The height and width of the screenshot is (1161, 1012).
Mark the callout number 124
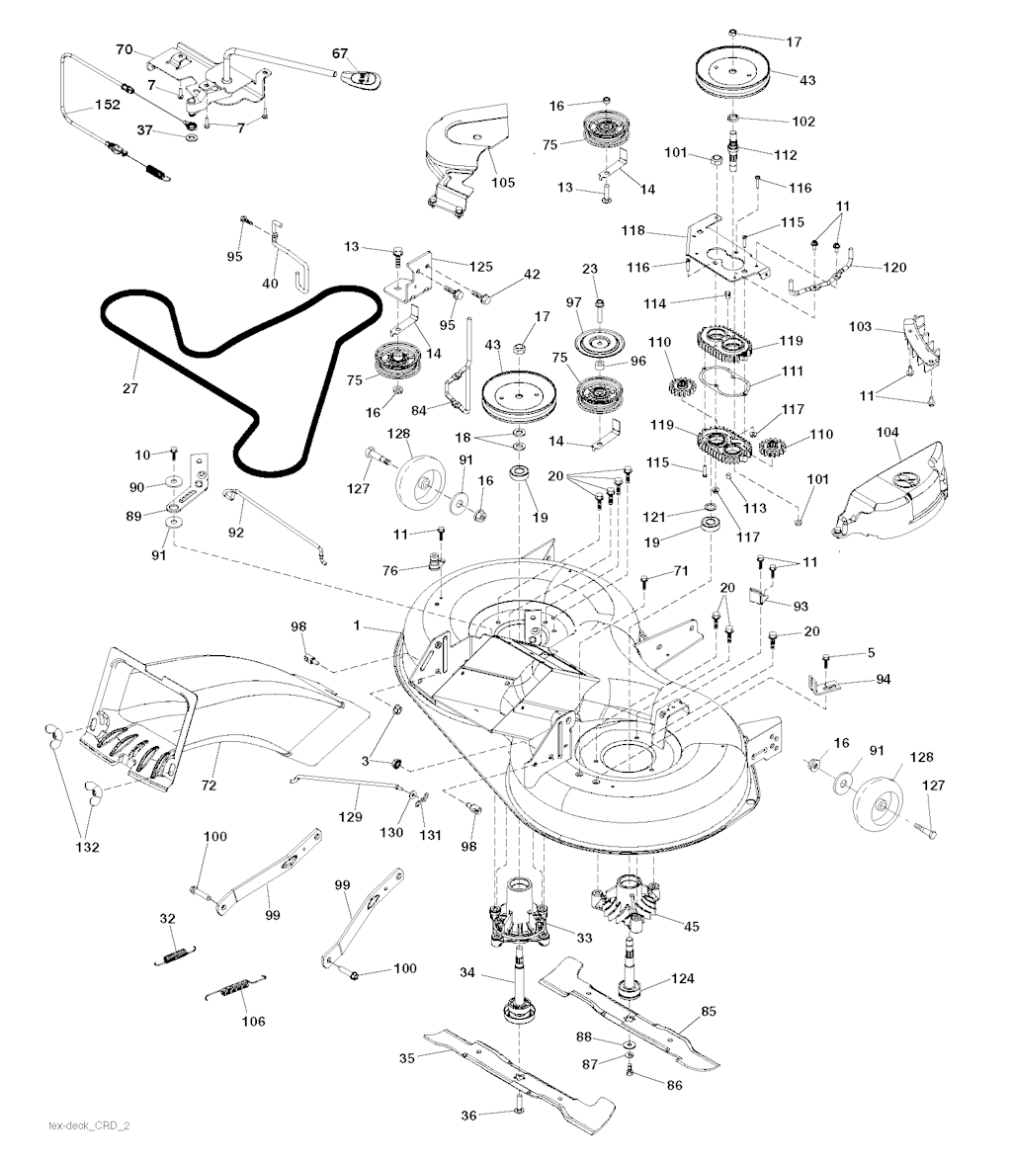pyautogui.click(x=682, y=978)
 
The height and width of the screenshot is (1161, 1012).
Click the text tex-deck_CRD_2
pyautogui.click(x=89, y=1125)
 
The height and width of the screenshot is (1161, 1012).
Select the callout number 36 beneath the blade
pyautogui.click(x=470, y=1116)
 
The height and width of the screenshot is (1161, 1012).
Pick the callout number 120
pyautogui.click(x=893, y=267)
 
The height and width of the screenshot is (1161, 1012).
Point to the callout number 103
pyautogui.click(x=860, y=325)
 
